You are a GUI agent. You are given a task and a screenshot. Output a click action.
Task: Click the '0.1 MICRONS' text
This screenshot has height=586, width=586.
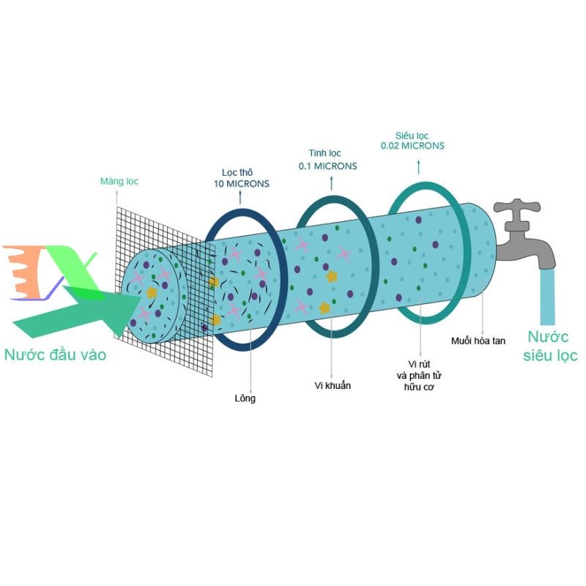coord(327,166)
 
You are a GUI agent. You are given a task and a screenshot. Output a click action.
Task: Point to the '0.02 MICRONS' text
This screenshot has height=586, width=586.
coord(412,146)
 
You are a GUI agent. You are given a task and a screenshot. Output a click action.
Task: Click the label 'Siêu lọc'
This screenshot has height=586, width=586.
coord(412,135)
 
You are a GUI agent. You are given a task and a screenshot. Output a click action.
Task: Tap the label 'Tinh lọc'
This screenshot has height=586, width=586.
coord(327,154)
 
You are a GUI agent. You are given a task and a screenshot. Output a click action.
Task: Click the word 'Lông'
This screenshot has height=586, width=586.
coord(245,399)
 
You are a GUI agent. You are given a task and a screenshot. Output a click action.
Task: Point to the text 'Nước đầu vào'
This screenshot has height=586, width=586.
coord(55,355)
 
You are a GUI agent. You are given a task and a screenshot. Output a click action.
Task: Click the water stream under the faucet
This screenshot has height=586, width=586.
coord(547,297)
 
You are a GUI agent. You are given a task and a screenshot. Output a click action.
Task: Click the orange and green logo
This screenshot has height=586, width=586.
coord(48,272)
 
